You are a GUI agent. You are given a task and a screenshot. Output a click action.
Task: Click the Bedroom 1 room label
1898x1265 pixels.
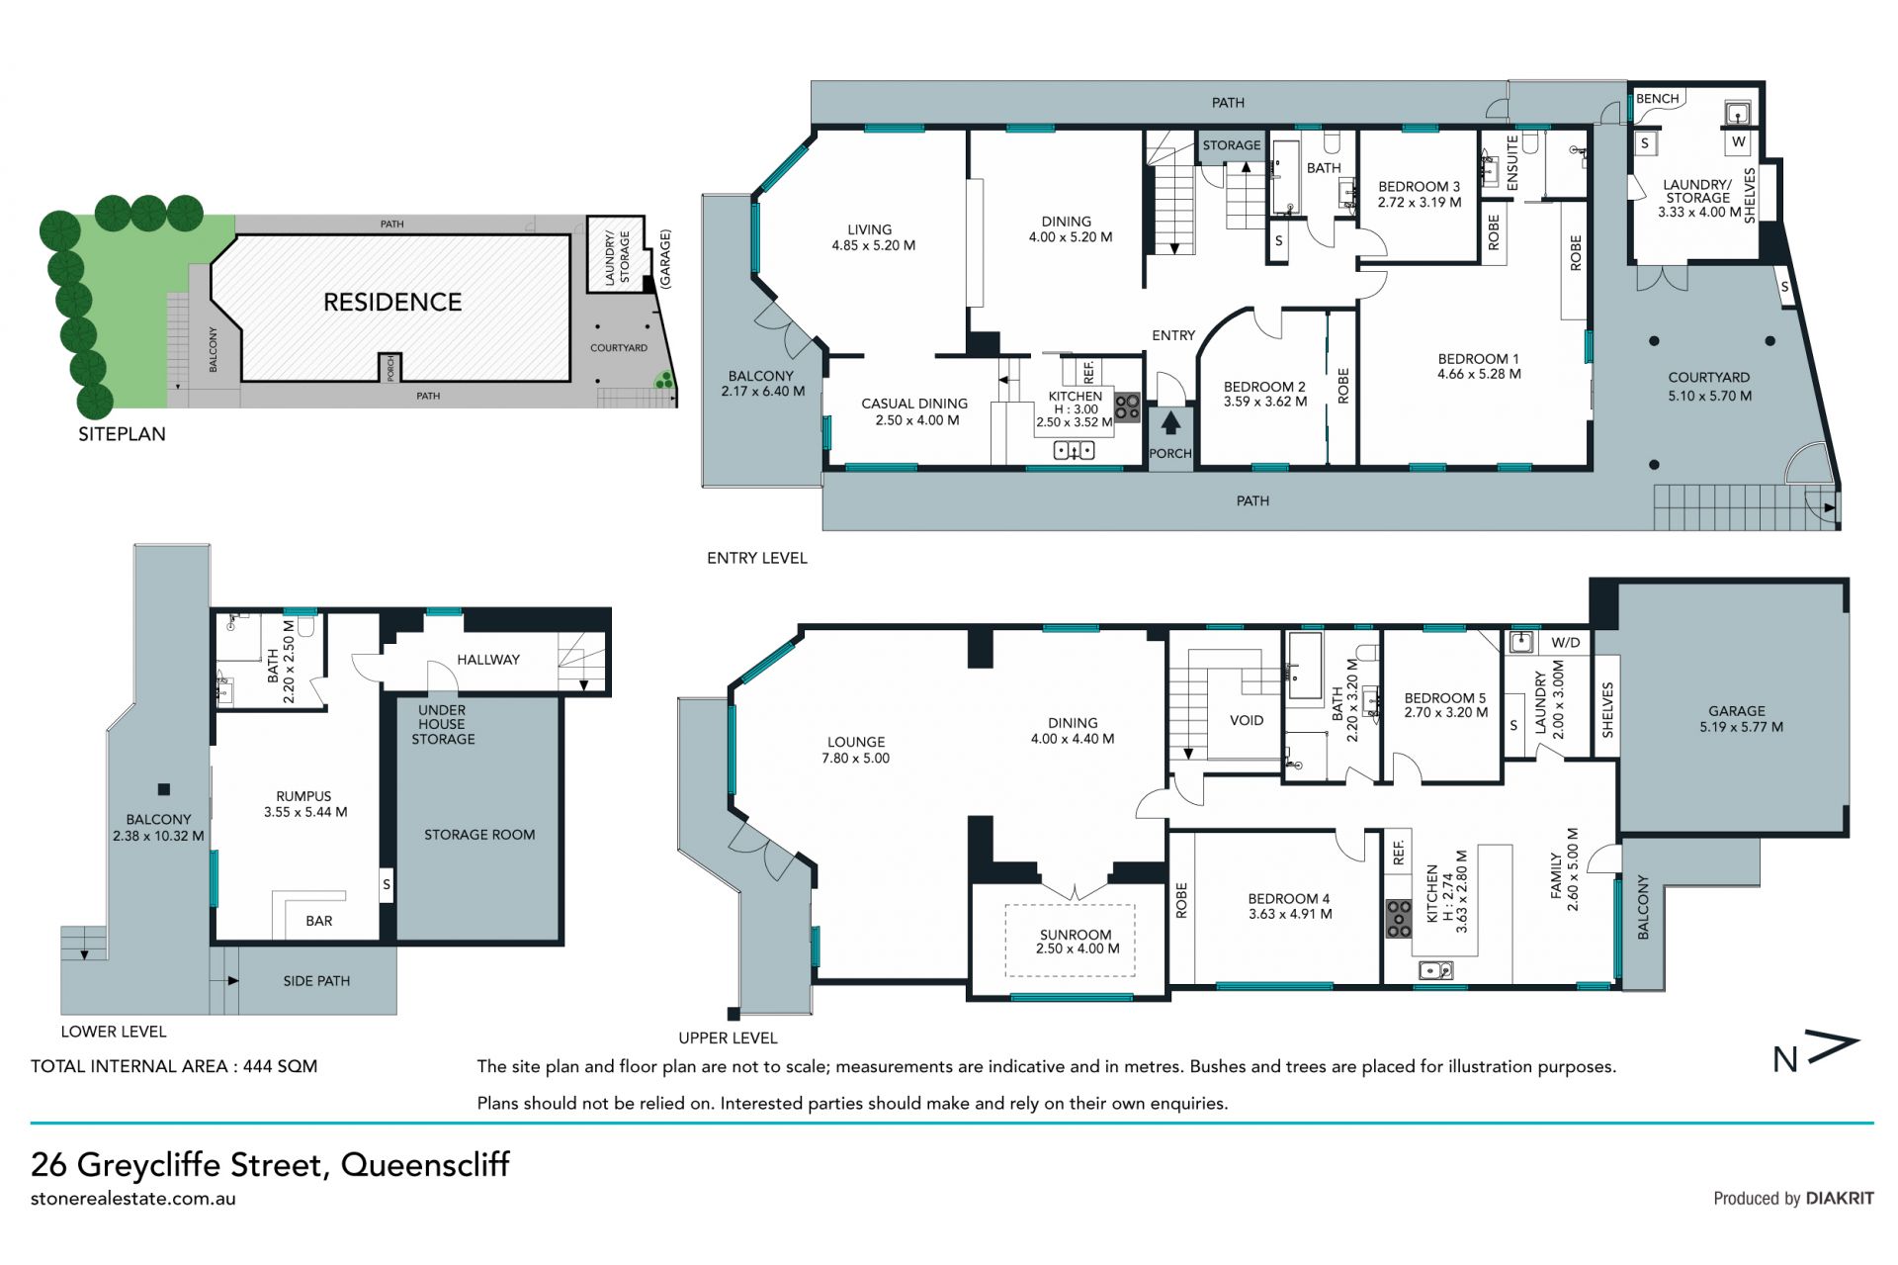[x=1479, y=366]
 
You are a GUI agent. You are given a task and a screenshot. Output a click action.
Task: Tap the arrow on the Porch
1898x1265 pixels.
[x=1170, y=423]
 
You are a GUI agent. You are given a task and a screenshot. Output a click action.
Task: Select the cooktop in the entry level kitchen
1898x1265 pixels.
[x=1127, y=407]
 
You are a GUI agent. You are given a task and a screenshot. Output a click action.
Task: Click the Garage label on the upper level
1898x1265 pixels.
[x=1736, y=718]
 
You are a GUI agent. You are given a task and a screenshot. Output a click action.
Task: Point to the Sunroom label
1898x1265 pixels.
[x=1077, y=942]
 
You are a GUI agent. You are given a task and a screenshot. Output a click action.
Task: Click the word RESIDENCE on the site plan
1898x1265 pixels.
[x=392, y=302]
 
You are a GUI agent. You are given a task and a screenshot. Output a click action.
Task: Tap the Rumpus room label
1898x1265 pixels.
[x=304, y=804]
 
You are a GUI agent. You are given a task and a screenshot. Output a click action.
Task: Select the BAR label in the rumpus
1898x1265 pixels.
[x=319, y=921]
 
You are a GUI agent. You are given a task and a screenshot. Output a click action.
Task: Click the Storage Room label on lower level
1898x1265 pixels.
[x=479, y=835]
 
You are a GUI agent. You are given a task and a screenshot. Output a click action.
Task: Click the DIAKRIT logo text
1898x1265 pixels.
[x=1840, y=1198]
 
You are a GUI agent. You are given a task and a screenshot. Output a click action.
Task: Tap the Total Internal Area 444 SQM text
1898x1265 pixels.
[x=174, y=1066]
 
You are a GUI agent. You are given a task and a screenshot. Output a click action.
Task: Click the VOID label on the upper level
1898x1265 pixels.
[x=1247, y=720]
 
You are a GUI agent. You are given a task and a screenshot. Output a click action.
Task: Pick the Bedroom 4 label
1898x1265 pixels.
[x=1290, y=906]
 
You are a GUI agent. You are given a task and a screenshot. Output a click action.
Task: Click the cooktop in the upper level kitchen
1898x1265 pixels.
[x=1398, y=918]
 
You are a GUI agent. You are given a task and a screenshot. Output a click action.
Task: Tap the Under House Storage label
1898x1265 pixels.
[x=442, y=724]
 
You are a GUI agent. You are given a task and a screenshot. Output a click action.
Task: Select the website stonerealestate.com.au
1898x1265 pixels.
[x=133, y=1199]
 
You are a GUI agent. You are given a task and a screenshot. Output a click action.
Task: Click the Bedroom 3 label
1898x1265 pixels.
[x=1420, y=194]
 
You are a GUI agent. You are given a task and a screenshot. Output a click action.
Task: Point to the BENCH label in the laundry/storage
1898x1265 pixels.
[x=1658, y=99]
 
